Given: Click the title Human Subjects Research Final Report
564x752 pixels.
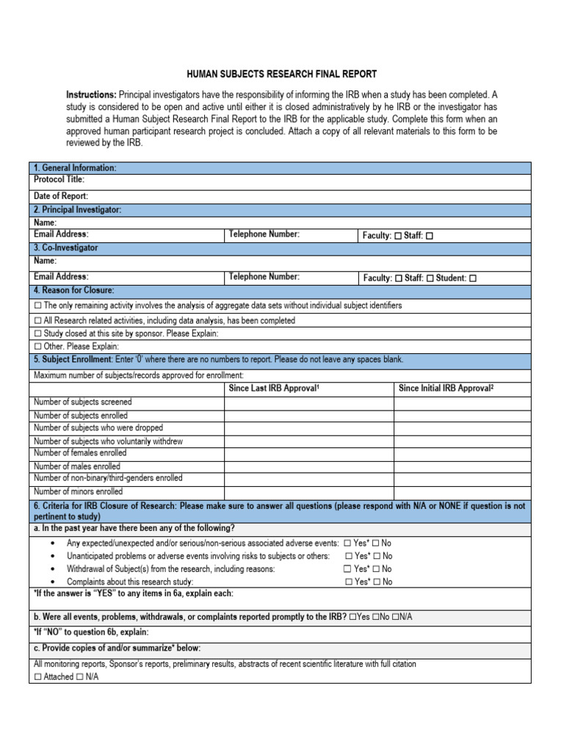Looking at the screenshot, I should (x=282, y=74).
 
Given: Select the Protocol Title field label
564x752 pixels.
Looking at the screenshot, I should (x=59, y=179).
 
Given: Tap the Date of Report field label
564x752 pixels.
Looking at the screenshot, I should (x=61, y=196).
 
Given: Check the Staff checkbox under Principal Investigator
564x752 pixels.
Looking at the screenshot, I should (x=430, y=236).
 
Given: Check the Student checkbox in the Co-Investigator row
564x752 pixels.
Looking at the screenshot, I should (x=473, y=278).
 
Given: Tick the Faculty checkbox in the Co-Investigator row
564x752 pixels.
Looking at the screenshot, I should (x=397, y=278).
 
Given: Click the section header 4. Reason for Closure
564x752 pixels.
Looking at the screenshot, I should (x=74, y=291).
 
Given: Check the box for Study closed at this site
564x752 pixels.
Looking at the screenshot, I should (x=38, y=333).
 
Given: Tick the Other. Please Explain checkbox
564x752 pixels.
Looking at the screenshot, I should (x=38, y=347).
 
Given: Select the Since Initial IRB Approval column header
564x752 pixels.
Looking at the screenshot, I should (x=445, y=388).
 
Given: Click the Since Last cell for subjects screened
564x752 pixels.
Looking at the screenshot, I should (x=308, y=402).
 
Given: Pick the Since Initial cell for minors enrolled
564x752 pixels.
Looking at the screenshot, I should (x=462, y=492).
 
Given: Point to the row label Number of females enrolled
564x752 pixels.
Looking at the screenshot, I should (x=80, y=454).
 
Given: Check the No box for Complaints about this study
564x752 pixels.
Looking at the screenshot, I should (x=377, y=582).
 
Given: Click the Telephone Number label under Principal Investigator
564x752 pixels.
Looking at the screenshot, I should (x=264, y=234).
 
